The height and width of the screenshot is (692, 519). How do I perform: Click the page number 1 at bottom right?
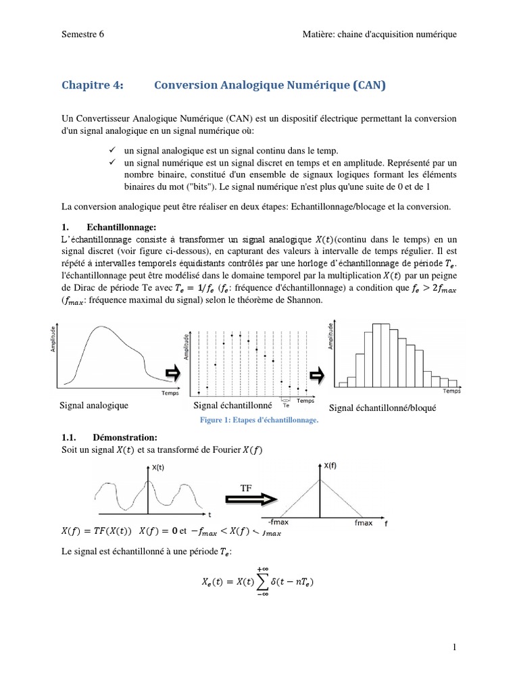pyautogui.click(x=455, y=647)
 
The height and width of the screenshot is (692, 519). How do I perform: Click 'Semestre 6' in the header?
pyautogui.click(x=83, y=34)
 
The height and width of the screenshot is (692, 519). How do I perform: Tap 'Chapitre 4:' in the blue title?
pyautogui.click(x=93, y=86)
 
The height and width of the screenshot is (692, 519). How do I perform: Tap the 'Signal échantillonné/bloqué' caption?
pyautogui.click(x=382, y=408)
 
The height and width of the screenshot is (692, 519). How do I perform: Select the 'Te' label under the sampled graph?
pyautogui.click(x=286, y=405)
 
